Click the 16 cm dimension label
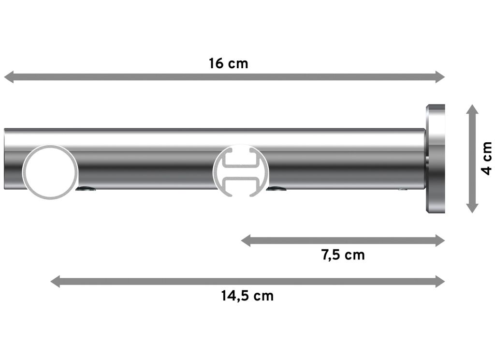pos(228,63)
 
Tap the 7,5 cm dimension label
pos(343,255)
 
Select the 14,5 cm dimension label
pos(247,296)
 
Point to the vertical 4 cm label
pos(487,158)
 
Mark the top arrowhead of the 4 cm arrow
pos(472,110)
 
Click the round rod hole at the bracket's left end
pos(50,172)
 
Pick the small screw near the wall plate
pos(403,189)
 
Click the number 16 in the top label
pos(216,63)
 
